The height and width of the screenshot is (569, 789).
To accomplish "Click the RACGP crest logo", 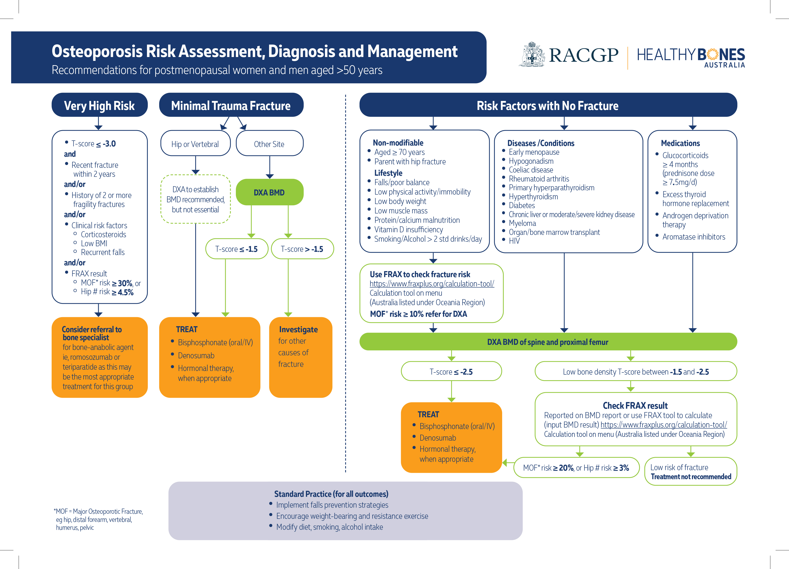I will [531, 55].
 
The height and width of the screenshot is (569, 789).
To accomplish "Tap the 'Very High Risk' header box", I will [99, 105].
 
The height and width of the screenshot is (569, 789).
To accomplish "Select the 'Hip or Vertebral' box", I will [195, 144].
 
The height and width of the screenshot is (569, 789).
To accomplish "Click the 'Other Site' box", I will [269, 144].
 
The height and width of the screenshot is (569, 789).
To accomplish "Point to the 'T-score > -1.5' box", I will [302, 249].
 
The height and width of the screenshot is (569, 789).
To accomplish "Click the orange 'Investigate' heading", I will [298, 329].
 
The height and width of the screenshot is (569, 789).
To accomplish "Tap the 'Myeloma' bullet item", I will [522, 223].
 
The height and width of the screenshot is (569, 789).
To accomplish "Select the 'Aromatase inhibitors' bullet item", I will [693, 237].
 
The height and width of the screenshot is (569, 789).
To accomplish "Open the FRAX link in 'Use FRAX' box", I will [432, 284].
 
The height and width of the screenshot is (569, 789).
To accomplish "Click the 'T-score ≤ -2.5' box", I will [451, 371].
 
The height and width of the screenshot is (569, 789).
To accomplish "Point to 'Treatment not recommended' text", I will [691, 476].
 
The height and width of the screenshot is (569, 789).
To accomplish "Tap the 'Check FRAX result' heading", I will [635, 405].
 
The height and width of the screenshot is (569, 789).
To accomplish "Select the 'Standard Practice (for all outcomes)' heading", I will [331, 494].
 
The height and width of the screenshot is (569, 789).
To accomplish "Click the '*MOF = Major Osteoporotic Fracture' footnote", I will [99, 511].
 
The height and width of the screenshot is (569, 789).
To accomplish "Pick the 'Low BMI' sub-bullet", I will [94, 243].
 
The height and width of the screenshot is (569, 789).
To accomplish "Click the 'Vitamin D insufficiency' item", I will [408, 229].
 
